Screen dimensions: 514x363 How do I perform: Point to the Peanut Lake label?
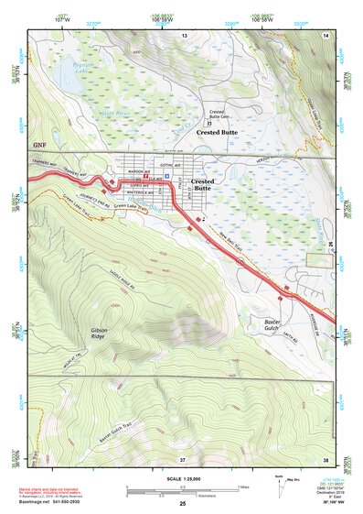(63, 68)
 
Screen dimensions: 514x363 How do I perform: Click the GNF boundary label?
(37, 144)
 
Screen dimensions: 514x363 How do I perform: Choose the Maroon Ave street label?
(138, 171)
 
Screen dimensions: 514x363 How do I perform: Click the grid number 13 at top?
(183, 35)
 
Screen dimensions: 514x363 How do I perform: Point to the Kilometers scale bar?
(182, 496)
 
